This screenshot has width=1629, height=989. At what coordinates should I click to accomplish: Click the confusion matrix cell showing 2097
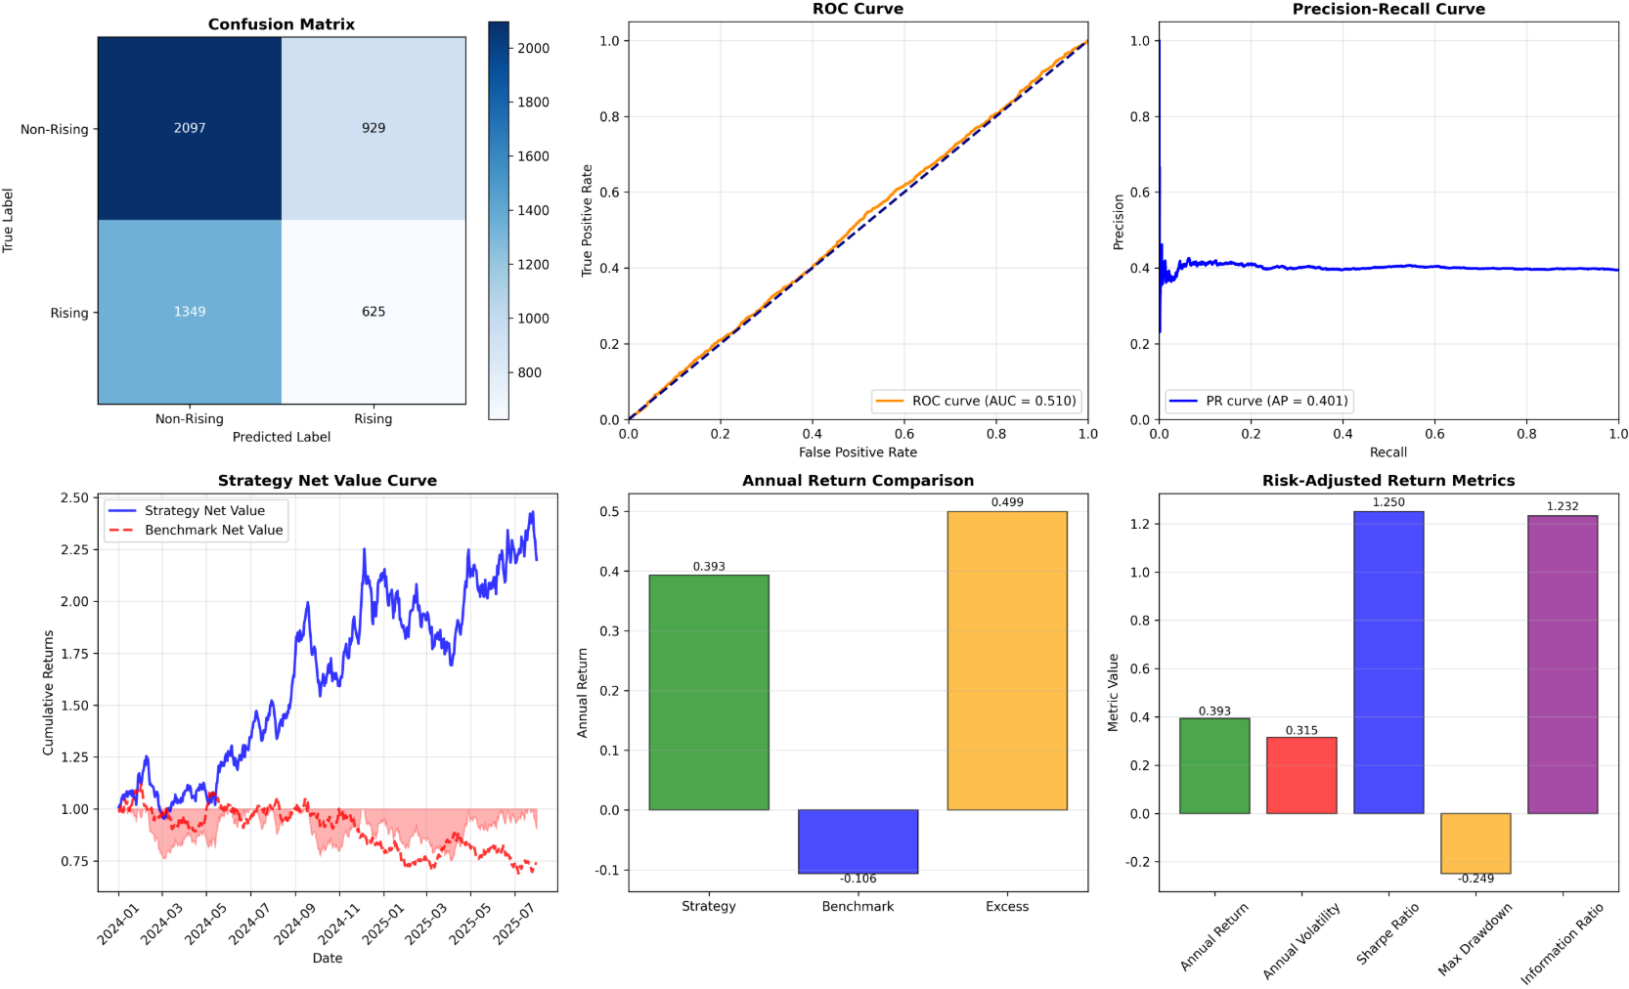190,128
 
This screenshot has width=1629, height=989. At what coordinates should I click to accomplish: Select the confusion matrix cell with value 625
374,312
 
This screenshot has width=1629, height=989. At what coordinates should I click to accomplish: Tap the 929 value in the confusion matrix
374,128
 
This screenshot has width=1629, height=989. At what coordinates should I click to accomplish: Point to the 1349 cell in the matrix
190,312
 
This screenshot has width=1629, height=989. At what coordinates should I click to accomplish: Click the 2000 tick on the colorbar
533,48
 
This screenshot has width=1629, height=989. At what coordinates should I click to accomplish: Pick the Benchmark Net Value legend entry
213,530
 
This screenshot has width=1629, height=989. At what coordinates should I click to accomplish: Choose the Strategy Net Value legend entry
204,510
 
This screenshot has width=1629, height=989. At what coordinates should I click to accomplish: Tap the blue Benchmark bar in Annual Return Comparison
858,841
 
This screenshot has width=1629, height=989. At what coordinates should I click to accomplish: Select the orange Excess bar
1007,661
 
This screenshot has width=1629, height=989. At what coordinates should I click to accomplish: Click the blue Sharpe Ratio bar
1388,663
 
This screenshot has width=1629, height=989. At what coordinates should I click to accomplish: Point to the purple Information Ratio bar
1563,665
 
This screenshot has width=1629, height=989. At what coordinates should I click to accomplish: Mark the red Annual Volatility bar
1301,775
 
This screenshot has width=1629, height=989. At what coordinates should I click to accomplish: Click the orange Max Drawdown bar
1475,843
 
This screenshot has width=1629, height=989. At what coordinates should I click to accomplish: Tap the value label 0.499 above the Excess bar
1007,502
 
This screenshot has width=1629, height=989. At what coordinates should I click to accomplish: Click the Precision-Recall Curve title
1388,10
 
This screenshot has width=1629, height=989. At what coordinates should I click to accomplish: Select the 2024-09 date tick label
294,924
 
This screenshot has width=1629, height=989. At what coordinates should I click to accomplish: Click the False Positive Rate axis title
858,452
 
